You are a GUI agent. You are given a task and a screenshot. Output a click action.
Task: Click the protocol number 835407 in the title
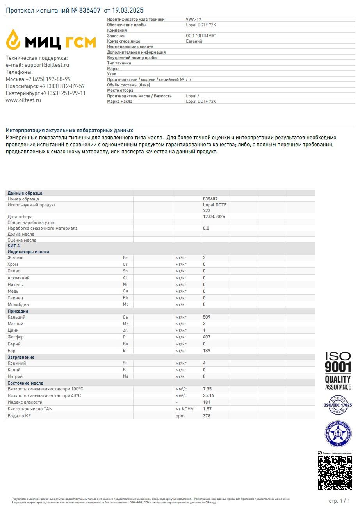click(90, 11)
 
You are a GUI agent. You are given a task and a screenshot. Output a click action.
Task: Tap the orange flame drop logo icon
click(13, 39)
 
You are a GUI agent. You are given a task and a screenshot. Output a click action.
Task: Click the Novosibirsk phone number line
click(45, 86)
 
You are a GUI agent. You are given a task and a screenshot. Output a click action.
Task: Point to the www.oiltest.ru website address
click(23, 100)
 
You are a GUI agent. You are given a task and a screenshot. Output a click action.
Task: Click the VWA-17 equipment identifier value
click(194, 19)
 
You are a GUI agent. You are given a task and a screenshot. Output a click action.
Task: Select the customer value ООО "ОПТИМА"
click(201, 36)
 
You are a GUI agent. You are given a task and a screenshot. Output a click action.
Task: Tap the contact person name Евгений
click(194, 41)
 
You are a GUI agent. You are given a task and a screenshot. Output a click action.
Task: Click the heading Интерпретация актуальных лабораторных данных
click(70, 131)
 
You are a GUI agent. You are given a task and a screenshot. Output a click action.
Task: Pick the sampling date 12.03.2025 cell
click(214, 217)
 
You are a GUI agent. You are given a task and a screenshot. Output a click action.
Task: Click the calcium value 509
click(207, 317)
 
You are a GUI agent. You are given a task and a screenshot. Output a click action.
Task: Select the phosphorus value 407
click(207, 337)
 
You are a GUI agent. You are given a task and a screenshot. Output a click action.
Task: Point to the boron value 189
click(207, 351)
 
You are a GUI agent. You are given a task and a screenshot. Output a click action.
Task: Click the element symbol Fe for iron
click(125, 258)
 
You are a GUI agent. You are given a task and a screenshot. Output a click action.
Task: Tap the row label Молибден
click(18, 304)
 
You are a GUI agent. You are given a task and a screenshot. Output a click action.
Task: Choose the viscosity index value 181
click(207, 402)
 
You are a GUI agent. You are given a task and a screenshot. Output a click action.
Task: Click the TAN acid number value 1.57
click(207, 409)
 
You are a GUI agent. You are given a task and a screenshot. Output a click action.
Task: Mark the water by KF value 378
click(207, 416)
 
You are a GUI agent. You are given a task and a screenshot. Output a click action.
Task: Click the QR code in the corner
click(335, 473)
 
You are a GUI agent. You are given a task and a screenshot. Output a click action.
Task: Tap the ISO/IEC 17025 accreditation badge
click(338, 405)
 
